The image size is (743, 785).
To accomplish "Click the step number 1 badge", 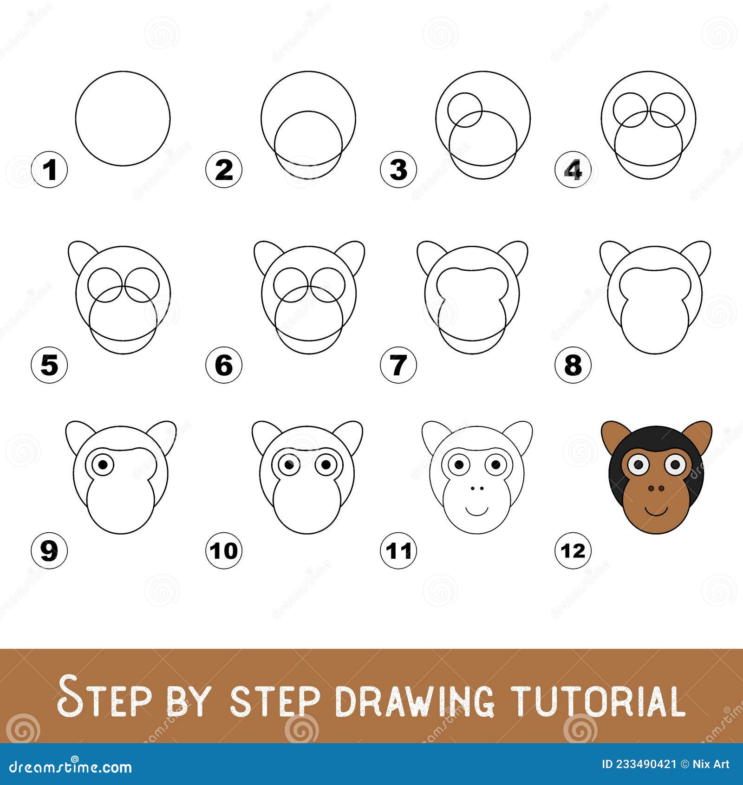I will [49, 170].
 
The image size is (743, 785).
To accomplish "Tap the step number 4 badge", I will [573, 170].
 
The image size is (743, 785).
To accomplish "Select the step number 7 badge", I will [398, 365].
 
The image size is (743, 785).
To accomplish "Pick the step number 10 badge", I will [224, 551].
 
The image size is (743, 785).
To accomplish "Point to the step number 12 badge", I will [573, 551].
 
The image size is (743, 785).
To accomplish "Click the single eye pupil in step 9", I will [104, 464].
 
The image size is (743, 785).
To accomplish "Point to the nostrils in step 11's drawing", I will [476, 489].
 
